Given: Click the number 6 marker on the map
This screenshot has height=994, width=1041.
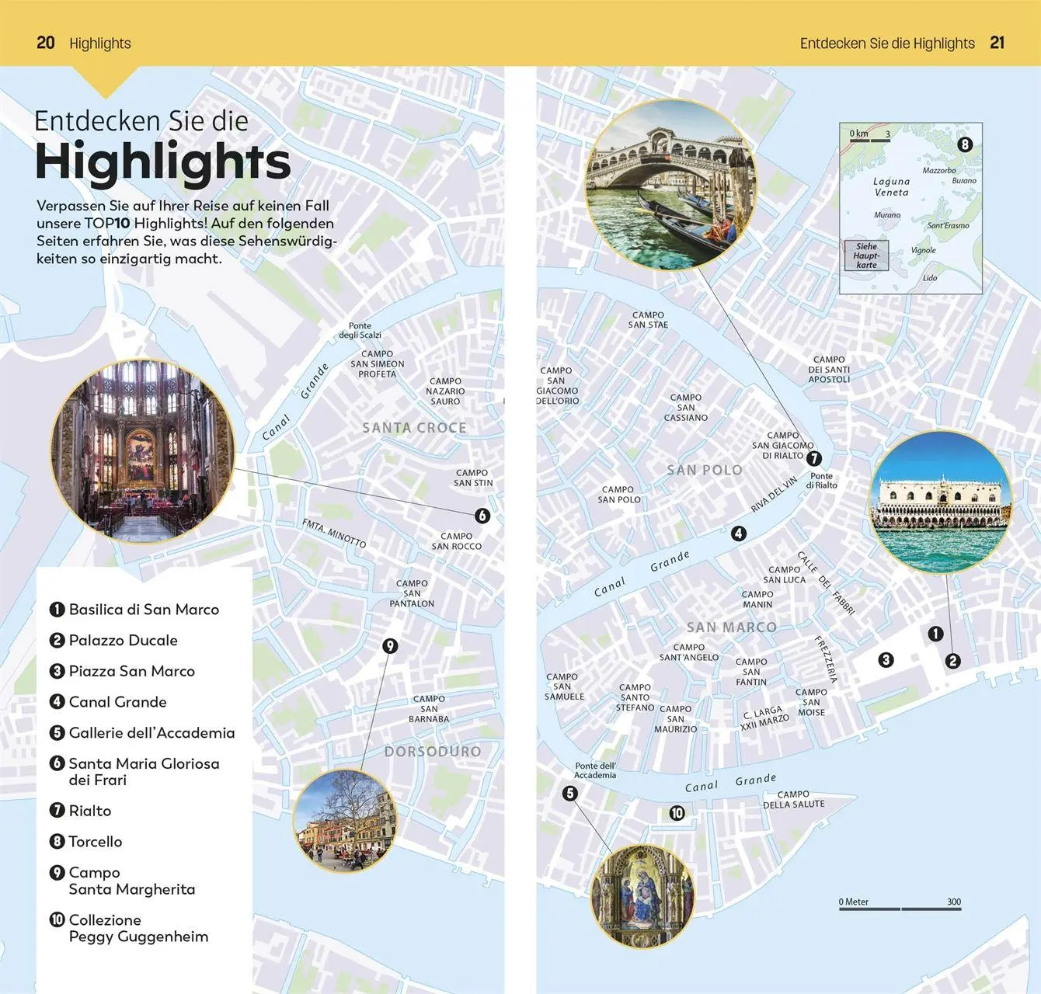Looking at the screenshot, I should [x=482, y=516].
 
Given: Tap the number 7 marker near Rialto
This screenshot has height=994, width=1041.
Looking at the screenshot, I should [x=813, y=458].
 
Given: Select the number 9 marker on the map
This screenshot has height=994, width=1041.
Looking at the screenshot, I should [x=390, y=645].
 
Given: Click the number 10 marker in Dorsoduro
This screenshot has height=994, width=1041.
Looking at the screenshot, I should [x=677, y=813].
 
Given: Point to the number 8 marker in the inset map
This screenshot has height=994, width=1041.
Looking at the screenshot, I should [x=965, y=144].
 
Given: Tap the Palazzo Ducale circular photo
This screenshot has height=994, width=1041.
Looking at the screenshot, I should [x=941, y=502].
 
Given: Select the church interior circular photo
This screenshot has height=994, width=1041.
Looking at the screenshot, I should [x=142, y=451].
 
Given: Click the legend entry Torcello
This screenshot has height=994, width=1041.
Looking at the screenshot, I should [x=95, y=841].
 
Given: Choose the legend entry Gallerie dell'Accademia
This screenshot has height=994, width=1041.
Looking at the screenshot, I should [x=151, y=732].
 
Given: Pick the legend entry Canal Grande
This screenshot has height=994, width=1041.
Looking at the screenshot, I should [x=117, y=702].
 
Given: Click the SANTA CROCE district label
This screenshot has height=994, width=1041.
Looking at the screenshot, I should [x=414, y=428].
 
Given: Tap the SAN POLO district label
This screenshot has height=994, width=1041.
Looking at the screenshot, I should [x=704, y=470].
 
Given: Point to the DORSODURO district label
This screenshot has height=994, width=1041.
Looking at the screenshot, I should [x=433, y=751].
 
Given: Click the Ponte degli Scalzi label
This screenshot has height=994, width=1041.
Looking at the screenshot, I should [x=360, y=330].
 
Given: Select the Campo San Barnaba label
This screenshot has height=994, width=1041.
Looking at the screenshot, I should [x=429, y=709].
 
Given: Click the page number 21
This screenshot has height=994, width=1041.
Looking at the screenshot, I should [x=997, y=43].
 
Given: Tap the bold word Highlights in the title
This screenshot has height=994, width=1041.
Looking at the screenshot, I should [x=163, y=162].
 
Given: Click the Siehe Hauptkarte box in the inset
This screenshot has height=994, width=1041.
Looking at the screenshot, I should [x=866, y=255].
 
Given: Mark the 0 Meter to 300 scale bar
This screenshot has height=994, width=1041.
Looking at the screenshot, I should [x=900, y=906].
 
